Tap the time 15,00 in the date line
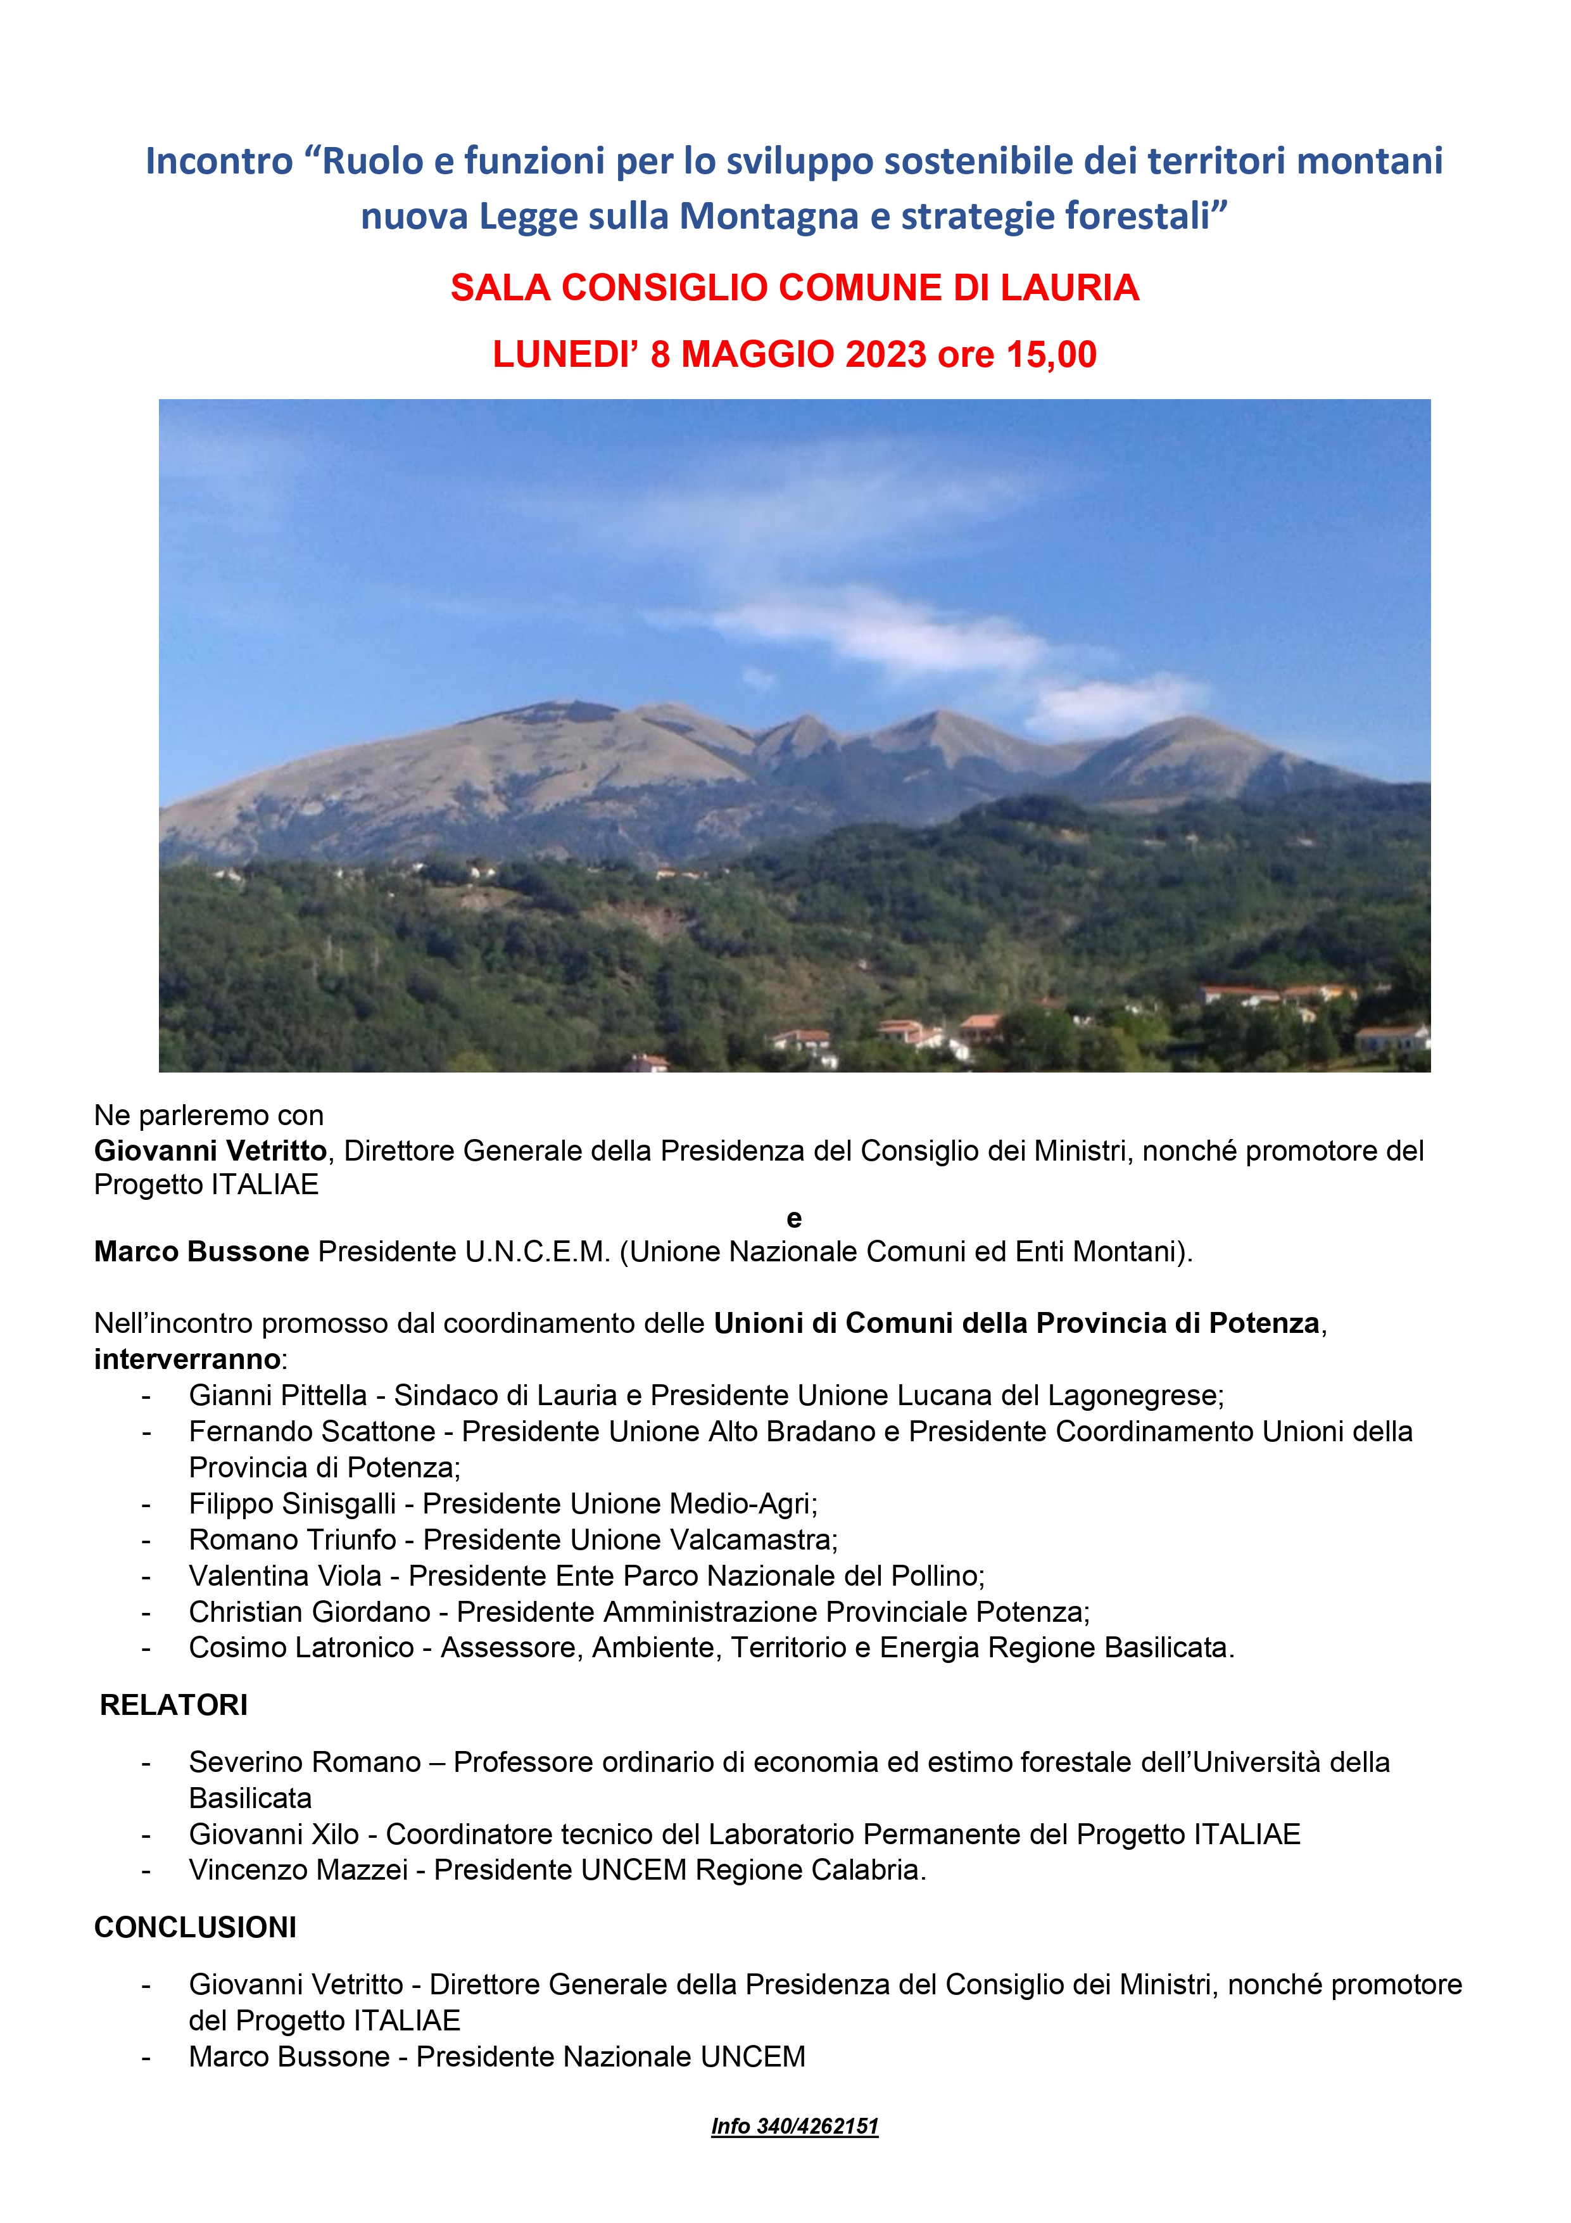[1050, 354]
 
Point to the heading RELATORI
[174, 1705]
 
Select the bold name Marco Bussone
[201, 1252]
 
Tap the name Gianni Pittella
[278, 1395]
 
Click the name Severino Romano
[305, 1762]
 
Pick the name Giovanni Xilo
[274, 1834]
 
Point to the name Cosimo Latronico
[301, 1647]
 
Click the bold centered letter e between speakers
[793, 1219]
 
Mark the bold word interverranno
[187, 1360]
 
